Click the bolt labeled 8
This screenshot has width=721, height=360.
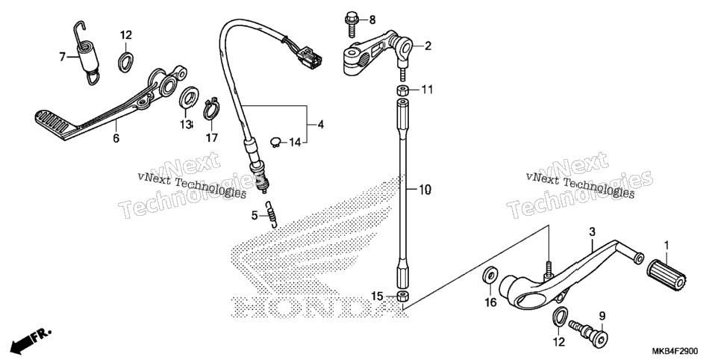pyautogui.click(x=352, y=25)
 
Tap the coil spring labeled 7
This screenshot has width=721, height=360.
pyautogui.click(x=87, y=54)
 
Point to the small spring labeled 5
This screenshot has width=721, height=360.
pyautogui.click(x=272, y=214)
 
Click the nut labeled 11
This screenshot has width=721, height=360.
pyautogui.click(x=403, y=89)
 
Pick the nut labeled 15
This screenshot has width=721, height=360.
pyautogui.click(x=403, y=297)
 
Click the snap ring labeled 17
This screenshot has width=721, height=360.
pyautogui.click(x=211, y=108)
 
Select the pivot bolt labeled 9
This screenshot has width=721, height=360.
pyautogui.click(x=588, y=332)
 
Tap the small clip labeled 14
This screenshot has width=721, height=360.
pyautogui.click(x=275, y=142)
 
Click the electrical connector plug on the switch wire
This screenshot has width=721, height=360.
pyautogui.click(x=310, y=59)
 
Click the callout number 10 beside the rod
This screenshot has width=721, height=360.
pyautogui.click(x=425, y=189)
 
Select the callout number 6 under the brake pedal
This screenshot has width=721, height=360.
pyautogui.click(x=116, y=137)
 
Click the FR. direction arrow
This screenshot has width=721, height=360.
pyautogui.click(x=31, y=340)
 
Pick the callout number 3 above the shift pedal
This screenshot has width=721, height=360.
pyautogui.click(x=593, y=231)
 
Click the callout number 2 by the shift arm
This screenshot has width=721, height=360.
pyautogui.click(x=428, y=46)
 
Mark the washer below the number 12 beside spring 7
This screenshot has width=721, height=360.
pyautogui.click(x=126, y=62)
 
